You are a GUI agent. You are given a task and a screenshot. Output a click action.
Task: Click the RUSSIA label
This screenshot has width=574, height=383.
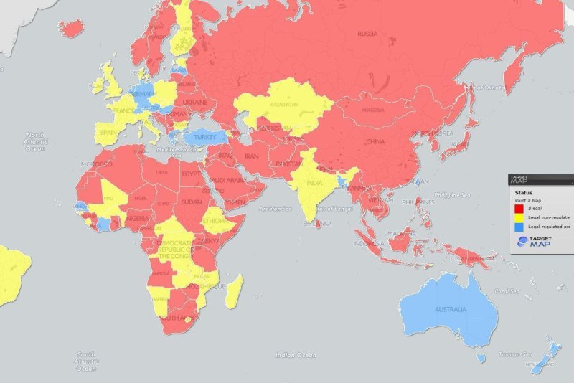click(x=367, y=33)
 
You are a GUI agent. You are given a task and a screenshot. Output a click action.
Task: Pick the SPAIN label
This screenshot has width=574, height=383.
click(x=108, y=133)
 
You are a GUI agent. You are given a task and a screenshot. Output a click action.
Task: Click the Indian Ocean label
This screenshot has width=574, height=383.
click(x=296, y=354)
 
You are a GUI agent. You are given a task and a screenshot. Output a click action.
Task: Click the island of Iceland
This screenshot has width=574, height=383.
click(x=71, y=29)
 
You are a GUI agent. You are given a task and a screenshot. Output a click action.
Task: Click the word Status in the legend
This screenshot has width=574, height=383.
click(x=522, y=192)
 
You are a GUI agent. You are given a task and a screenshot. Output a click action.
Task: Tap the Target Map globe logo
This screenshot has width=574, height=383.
click(x=521, y=241)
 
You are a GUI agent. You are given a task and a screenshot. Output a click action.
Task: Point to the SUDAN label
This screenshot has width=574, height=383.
click(x=191, y=202)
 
